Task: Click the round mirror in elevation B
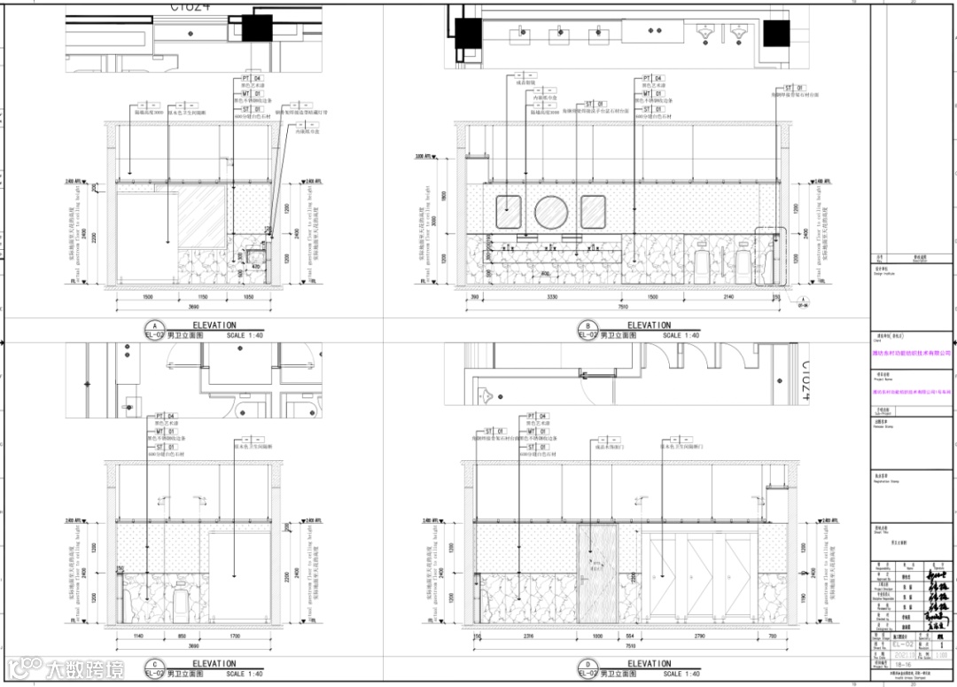click(551, 213)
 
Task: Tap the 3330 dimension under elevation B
click(551, 297)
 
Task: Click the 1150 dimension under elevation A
click(202, 297)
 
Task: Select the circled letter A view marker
click(156, 325)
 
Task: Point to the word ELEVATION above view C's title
click(214, 663)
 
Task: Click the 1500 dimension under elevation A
click(147, 297)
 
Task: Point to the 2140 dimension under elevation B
click(728, 297)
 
